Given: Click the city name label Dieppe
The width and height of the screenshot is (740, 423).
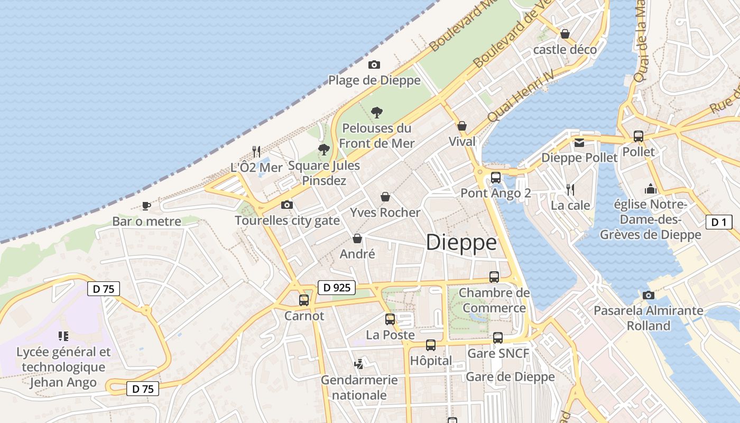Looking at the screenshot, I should click(x=461, y=243).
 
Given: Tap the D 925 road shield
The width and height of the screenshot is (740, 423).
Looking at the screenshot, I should click(x=336, y=288).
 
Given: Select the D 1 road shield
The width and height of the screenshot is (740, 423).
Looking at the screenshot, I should click(x=719, y=222).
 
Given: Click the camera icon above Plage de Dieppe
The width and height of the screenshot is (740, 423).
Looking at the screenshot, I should click(x=374, y=65).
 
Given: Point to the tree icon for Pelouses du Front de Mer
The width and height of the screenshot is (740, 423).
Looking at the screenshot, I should click(x=376, y=112).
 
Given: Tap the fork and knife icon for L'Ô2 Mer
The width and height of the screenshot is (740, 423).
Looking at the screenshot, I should click(x=256, y=152).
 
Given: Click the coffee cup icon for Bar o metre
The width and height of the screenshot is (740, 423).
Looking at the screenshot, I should click(x=146, y=206).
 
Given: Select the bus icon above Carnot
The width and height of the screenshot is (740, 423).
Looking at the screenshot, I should click(x=304, y=300).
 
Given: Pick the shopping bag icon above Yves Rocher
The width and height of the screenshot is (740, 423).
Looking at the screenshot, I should click(x=385, y=197).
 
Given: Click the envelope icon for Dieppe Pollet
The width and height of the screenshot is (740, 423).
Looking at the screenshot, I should click(x=579, y=142).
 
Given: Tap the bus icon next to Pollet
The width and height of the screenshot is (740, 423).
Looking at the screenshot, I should click(x=638, y=136).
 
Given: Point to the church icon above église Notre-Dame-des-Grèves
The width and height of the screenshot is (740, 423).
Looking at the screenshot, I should click(x=650, y=189).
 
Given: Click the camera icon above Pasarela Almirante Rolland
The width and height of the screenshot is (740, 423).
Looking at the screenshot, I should click(x=649, y=295).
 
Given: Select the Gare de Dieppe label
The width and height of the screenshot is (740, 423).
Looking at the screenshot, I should click(x=510, y=376).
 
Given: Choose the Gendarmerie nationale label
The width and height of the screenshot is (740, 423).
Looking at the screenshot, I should click(x=359, y=387).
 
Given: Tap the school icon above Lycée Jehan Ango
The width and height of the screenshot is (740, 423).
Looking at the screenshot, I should click(x=63, y=336).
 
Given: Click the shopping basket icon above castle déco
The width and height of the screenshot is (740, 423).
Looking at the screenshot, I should click(x=565, y=34).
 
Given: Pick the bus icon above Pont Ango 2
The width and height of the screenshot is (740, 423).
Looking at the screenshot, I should click(x=496, y=178).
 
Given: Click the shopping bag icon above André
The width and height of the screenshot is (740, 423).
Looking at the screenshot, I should click(x=357, y=238).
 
